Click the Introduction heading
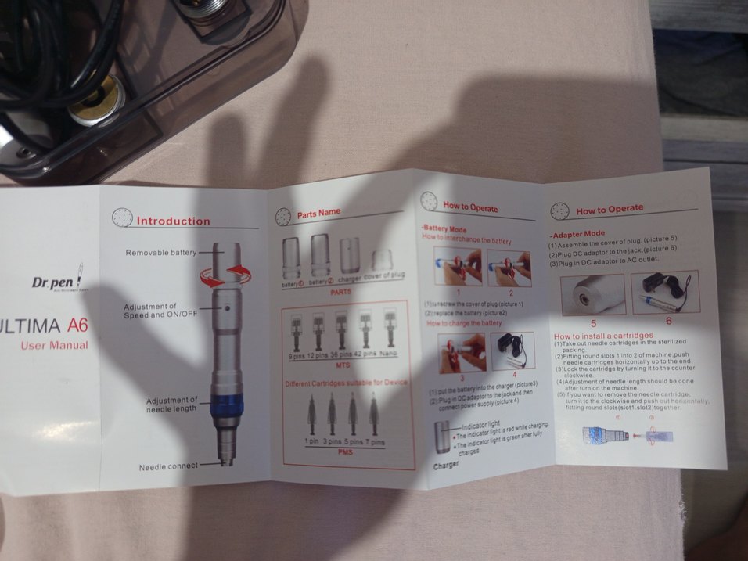[173, 221]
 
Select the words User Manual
[54, 345]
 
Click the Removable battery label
[161, 253]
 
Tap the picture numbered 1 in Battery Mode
[454, 268]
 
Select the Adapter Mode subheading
[579, 233]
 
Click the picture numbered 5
[592, 294]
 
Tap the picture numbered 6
[664, 293]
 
